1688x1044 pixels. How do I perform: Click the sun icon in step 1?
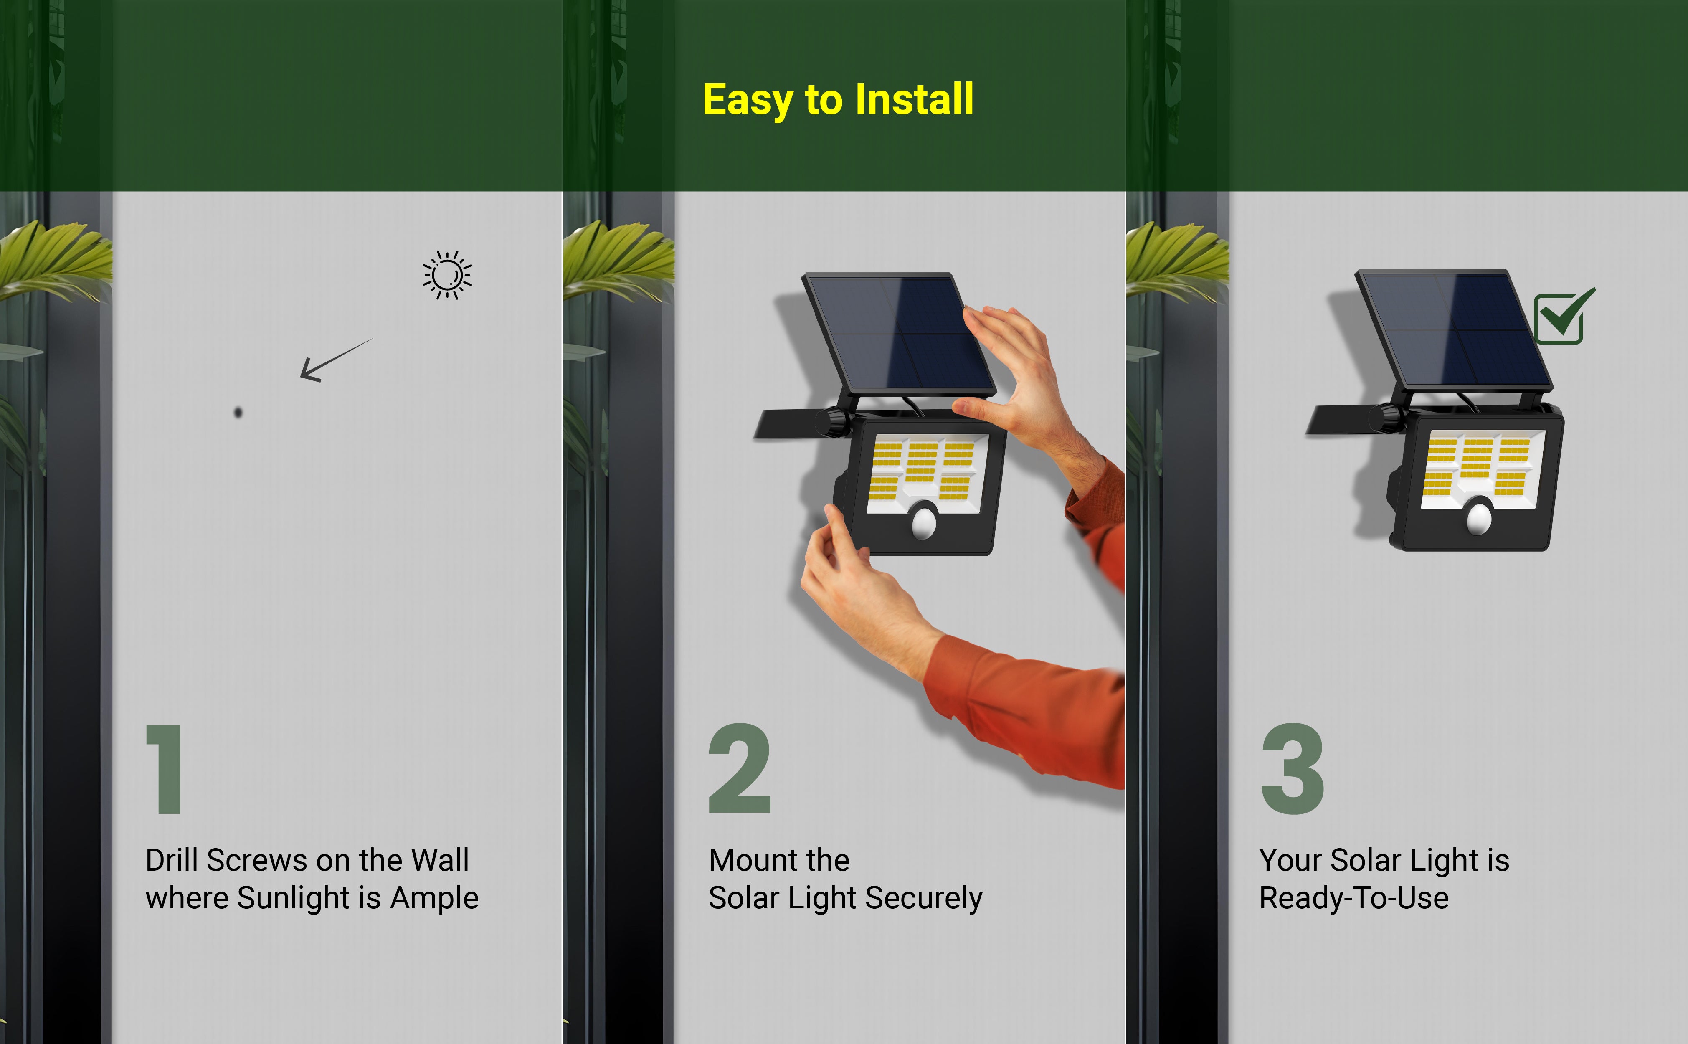pyautogui.click(x=447, y=275)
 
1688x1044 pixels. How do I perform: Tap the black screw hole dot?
pyautogui.click(x=238, y=412)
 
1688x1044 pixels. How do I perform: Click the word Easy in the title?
pyautogui.click(x=748, y=101)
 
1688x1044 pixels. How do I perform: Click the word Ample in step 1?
pyautogui.click(x=434, y=898)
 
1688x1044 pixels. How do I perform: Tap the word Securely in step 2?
pyautogui.click(x=924, y=898)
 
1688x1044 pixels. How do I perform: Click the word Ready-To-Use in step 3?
pyautogui.click(x=1354, y=898)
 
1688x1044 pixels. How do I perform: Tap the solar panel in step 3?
pyautogui.click(x=1454, y=329)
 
